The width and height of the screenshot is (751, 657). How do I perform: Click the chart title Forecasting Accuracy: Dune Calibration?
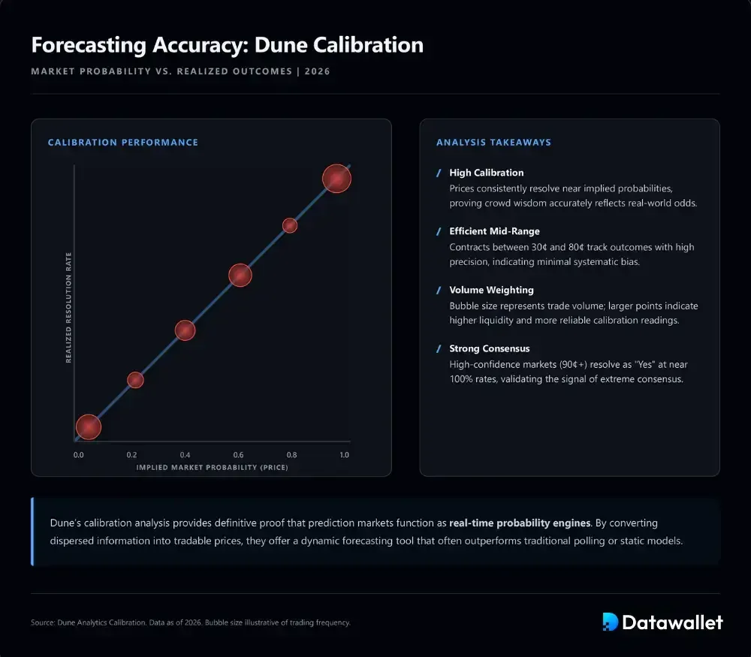227,45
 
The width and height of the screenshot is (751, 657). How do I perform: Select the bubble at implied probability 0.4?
185,330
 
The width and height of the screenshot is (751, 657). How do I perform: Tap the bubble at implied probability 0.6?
240,276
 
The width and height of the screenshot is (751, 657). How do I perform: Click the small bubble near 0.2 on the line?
135,380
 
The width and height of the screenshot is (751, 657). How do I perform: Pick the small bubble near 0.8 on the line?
290,225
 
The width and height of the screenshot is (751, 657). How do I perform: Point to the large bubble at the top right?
337,179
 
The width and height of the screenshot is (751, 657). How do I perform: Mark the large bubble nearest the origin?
88,427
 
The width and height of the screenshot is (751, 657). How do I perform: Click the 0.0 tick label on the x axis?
79,455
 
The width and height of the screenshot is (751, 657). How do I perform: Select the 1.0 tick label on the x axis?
345,455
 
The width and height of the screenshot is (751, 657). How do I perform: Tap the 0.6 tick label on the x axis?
238,455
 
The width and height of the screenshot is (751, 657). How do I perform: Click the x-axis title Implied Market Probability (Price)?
212,467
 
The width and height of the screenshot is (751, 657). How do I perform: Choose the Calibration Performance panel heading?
123,143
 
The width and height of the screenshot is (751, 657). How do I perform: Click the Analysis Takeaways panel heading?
493,143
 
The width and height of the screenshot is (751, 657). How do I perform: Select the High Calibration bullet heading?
486,173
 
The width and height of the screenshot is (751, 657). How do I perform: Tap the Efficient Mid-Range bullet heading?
494,231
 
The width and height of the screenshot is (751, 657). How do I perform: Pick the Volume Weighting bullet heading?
491,290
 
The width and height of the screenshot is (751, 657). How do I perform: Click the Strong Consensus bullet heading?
489,348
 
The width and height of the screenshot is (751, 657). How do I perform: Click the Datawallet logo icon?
610,622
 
